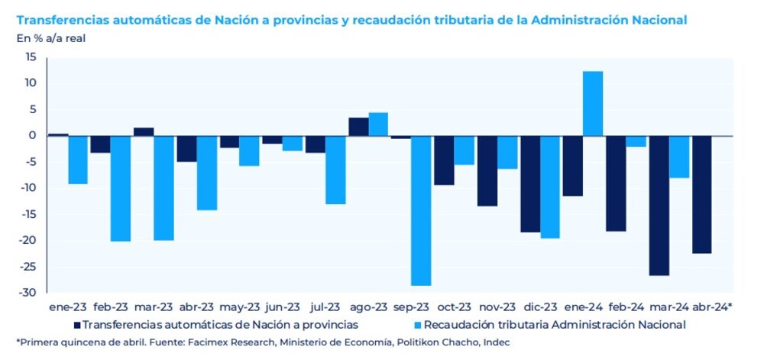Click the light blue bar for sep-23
(421, 210)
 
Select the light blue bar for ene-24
(593, 103)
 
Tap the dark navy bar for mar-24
(659, 205)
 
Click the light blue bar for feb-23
(121, 188)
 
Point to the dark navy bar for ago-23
(358, 127)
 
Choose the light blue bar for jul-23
(335, 170)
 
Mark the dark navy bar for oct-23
(444, 160)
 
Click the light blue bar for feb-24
(636, 141)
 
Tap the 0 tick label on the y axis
(34, 136)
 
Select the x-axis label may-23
(240, 306)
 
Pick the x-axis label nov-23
(498, 306)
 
